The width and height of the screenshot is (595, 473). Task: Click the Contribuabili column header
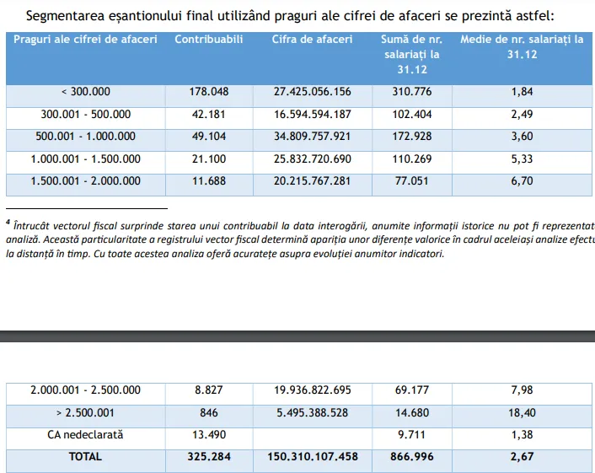click(x=208, y=40)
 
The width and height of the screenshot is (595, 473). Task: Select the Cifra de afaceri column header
click(x=312, y=40)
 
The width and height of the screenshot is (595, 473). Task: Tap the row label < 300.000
click(x=86, y=91)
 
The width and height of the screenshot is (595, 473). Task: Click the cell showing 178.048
click(x=208, y=91)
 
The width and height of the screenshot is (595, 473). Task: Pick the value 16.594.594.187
click(x=312, y=114)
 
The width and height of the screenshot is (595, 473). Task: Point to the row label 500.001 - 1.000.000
click(x=86, y=137)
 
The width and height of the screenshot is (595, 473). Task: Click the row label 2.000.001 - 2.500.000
click(x=86, y=390)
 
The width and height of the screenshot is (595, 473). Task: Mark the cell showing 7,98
click(x=522, y=390)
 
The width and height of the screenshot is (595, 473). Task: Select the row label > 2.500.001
click(x=86, y=413)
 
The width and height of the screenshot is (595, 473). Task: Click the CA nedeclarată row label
click(x=86, y=435)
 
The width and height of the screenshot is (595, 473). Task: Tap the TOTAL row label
click(x=86, y=457)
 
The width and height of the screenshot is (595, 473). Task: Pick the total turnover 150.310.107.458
click(x=312, y=457)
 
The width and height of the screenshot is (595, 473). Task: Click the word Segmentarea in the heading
click(x=68, y=15)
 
